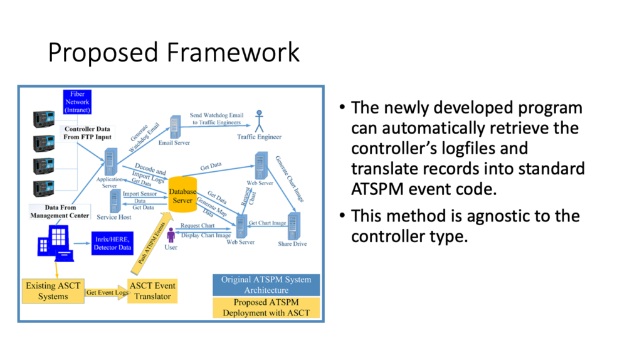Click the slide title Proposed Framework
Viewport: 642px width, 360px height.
pos(174,53)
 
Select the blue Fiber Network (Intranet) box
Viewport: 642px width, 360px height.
pos(77,102)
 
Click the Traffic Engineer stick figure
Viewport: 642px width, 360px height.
pos(259,119)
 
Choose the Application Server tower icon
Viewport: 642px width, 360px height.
pos(112,162)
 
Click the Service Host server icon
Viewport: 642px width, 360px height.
pos(115,201)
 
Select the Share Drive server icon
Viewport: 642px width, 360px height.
pos(295,225)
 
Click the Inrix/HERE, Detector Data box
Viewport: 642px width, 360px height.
pos(113,244)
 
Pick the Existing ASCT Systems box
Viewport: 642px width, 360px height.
pos(53,291)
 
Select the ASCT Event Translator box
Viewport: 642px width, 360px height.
pos(152,291)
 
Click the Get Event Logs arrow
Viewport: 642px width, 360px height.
pos(107,292)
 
